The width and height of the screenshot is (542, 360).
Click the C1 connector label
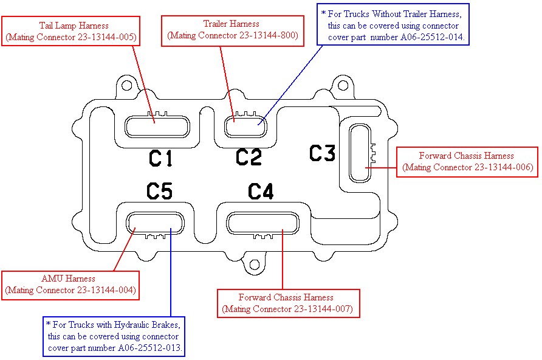tap(161, 158)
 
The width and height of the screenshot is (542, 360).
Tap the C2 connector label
tap(249, 157)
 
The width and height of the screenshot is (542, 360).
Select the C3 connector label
tap(322, 153)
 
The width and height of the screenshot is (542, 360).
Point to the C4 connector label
tap(261, 192)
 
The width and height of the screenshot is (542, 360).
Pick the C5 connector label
tap(159, 192)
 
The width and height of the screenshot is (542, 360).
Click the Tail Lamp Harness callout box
tap(71, 31)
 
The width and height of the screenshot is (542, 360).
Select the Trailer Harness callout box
tap(232, 30)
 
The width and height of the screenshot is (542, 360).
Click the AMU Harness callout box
tap(71, 285)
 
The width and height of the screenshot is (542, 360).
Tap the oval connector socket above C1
tap(157, 126)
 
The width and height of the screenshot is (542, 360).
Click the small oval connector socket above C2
tap(245, 126)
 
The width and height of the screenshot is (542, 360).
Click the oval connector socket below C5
tap(157, 223)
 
